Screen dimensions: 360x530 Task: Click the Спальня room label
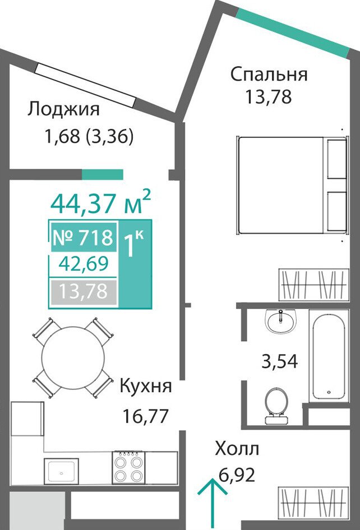click(269, 75)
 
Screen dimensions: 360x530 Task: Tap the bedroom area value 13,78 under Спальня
click(268, 97)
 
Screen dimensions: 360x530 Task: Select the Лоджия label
click(63, 110)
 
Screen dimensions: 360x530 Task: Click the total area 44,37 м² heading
click(100, 203)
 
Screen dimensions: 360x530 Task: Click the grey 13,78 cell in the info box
click(83, 291)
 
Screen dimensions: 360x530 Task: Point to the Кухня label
click(146, 387)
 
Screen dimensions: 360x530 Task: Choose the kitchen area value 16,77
click(145, 416)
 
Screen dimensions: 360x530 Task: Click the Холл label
click(237, 449)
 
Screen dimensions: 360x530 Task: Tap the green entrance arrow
click(212, 504)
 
